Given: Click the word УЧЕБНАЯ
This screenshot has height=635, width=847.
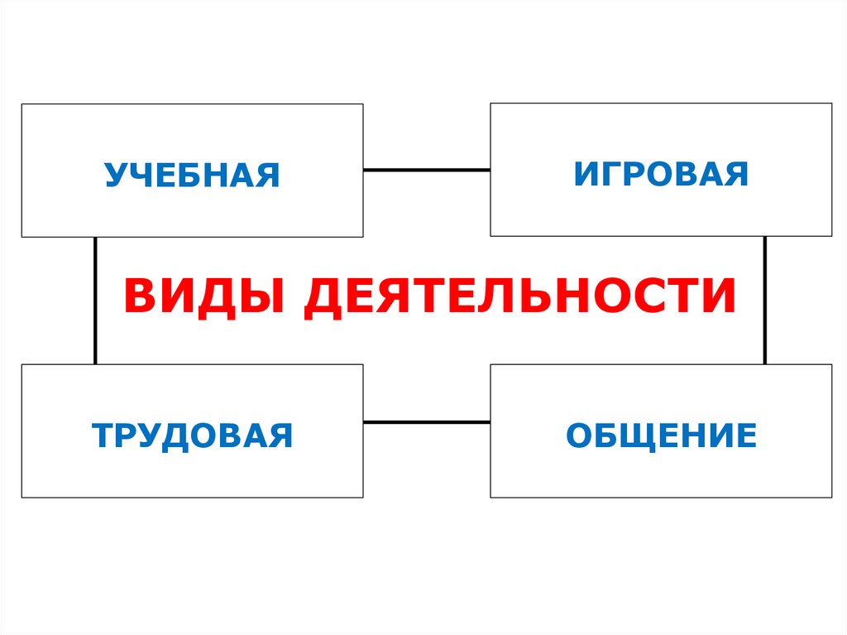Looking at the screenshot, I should point(192,176).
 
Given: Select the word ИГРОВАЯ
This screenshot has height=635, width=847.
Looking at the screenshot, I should point(661,174).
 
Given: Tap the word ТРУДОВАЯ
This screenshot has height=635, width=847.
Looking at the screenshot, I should point(192,435).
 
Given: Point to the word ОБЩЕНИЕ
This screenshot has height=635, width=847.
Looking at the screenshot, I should point(661,435).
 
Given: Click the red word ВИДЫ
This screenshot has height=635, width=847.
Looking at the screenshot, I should point(203,297).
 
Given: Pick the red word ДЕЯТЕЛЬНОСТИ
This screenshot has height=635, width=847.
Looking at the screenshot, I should point(519,297).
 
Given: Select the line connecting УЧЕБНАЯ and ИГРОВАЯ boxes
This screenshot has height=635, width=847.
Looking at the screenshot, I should point(426,170).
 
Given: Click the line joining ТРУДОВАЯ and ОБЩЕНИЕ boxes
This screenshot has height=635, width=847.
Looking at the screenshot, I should point(426,422).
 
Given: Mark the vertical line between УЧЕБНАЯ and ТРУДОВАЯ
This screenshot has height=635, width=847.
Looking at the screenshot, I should point(96,301).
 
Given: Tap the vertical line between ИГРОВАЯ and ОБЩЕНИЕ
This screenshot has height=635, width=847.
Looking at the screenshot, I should point(764,301).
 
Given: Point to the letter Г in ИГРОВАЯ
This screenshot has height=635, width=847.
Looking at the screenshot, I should point(610,174).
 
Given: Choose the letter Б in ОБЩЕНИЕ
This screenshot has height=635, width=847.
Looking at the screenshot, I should point(605,435).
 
